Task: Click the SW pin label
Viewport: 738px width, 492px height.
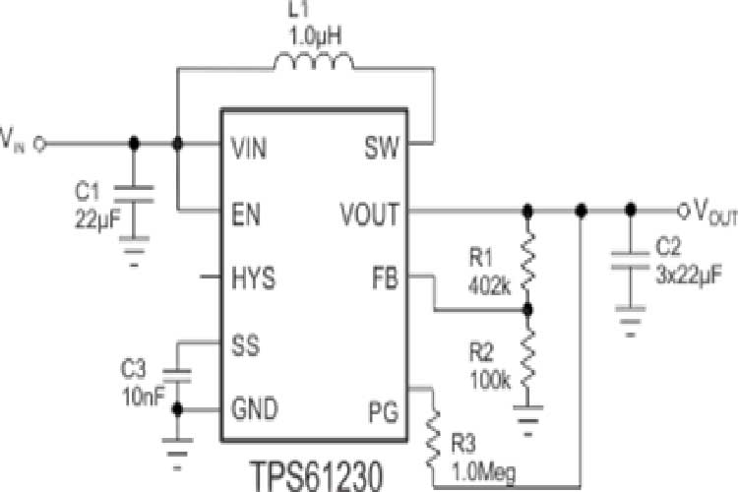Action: pyautogui.click(x=382, y=148)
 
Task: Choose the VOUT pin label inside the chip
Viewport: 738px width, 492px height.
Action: pyautogui.click(x=369, y=212)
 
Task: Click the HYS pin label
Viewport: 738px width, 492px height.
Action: pyautogui.click(x=251, y=278)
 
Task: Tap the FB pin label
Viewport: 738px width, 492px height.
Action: pyautogui.click(x=385, y=278)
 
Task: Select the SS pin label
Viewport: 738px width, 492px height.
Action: pyautogui.click(x=244, y=344)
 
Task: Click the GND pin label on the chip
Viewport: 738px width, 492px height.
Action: pyautogui.click(x=253, y=408)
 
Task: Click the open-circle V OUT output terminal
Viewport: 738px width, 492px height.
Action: pyautogui.click(x=684, y=212)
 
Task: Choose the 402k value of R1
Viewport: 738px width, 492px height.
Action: pyautogui.click(x=490, y=287)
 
